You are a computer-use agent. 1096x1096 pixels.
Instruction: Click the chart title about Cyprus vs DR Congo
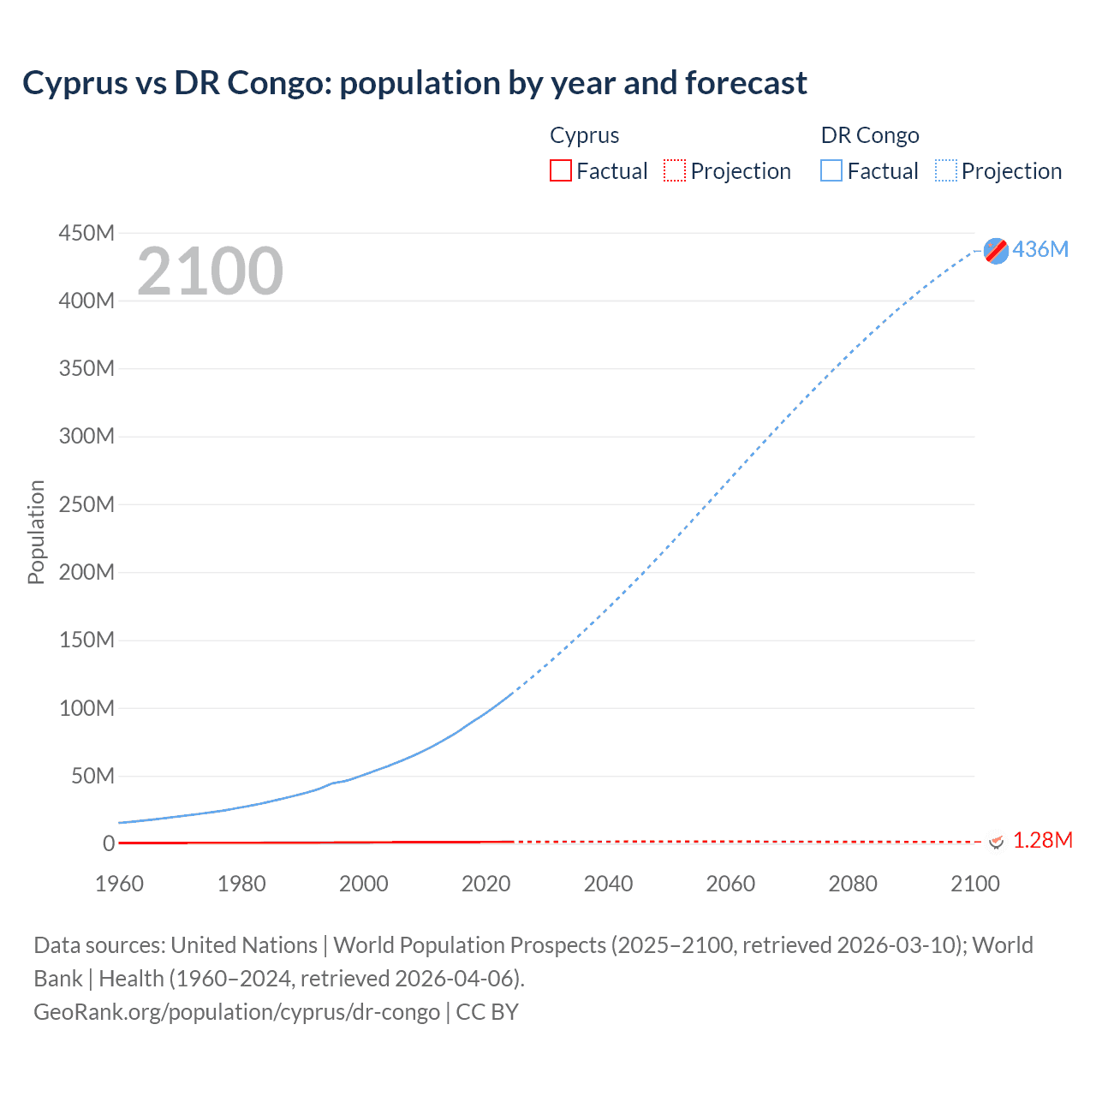(414, 83)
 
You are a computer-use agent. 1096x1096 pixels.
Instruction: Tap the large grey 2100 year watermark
(210, 271)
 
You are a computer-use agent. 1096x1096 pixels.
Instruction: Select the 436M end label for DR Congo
(1040, 249)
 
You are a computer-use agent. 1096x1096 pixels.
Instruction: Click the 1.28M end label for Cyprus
(1042, 840)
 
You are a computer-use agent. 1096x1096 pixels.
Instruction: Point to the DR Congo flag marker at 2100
(996, 250)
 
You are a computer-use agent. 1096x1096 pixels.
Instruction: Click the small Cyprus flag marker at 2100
(996, 842)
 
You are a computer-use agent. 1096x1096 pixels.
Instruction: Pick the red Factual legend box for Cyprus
(561, 171)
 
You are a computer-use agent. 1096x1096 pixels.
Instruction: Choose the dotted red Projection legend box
(675, 171)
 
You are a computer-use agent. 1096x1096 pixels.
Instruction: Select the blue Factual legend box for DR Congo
(831, 171)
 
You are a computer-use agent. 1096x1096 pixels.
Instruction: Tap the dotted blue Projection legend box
(945, 171)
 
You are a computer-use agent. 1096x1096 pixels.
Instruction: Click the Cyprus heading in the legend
(584, 135)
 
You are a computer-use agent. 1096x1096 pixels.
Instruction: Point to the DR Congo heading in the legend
(869, 135)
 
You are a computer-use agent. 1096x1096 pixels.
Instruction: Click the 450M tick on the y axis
(86, 233)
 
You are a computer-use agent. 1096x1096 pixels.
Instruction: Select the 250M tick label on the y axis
(86, 504)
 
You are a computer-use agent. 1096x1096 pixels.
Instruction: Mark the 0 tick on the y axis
(108, 843)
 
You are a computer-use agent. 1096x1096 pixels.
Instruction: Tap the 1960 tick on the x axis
(119, 884)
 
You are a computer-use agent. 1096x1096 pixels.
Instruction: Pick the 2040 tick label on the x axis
(608, 884)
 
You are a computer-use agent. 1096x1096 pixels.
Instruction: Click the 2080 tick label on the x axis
(853, 884)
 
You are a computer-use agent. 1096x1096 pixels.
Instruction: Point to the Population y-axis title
(36, 532)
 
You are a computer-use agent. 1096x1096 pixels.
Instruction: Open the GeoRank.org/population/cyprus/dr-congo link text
(236, 1012)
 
